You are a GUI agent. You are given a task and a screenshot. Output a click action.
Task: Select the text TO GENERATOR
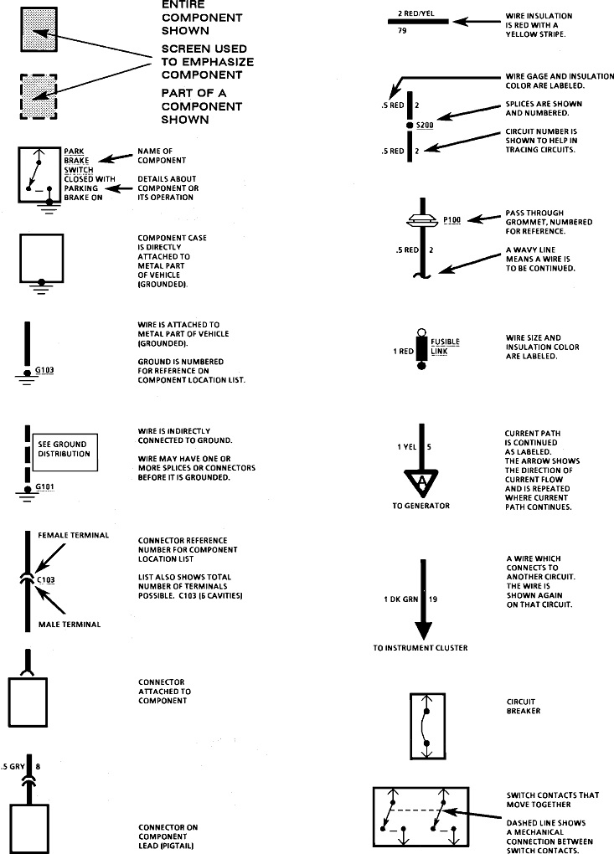click(x=421, y=506)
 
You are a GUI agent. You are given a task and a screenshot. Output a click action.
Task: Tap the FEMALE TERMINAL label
click(x=74, y=534)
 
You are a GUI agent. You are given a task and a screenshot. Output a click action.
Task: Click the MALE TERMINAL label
click(x=70, y=625)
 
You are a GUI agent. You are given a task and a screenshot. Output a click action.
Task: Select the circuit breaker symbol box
click(x=426, y=723)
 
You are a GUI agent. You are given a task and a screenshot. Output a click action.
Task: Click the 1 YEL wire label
click(x=407, y=447)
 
